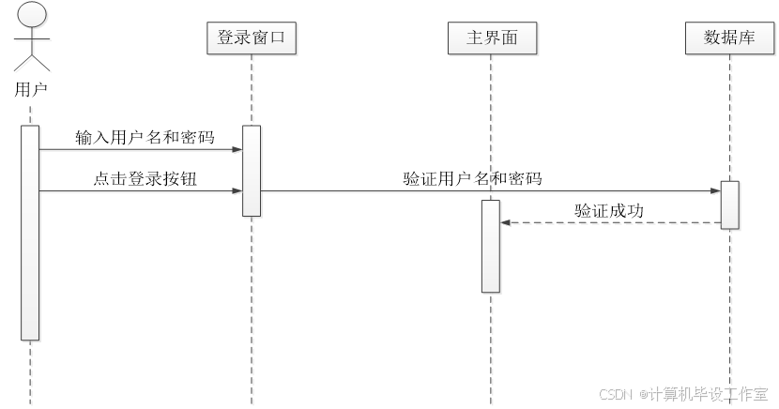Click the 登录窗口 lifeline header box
tap(252, 38)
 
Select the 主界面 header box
tap(492, 38)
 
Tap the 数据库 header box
tap(729, 38)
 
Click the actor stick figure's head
tap(32, 15)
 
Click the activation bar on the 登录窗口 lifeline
tap(252, 171)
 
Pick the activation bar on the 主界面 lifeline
tap(491, 246)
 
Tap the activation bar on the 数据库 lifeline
tap(730, 205)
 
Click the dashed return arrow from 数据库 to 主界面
tap(610, 223)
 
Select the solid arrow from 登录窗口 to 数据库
tap(488, 191)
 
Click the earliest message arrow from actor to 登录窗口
tap(141, 150)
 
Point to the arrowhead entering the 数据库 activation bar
tap(715, 191)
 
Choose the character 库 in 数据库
tap(746, 38)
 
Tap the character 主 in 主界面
tap(475, 38)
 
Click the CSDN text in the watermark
tap(615, 394)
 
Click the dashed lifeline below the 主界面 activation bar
tap(491, 347)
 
